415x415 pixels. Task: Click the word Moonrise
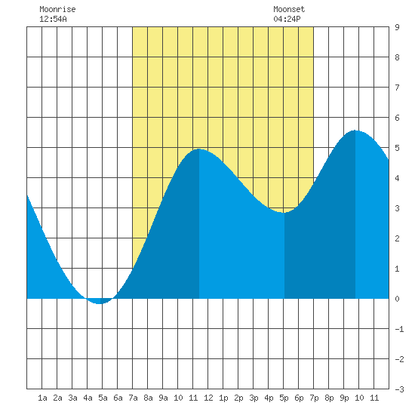coord(57,9)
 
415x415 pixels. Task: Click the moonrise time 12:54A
coord(53,19)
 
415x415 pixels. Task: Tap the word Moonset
coord(289,9)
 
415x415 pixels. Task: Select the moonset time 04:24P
coord(287,19)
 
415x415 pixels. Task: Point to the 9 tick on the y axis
coord(397,27)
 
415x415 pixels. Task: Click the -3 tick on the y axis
coord(399,389)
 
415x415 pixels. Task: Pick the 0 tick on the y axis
coord(397,299)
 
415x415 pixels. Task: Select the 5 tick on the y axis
coord(397,148)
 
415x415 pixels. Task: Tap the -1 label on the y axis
coord(399,329)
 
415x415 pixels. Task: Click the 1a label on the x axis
coord(42,398)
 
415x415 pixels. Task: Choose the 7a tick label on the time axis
coord(133,398)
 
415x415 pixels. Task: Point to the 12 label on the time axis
coord(208,398)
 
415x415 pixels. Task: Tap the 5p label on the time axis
coord(284,398)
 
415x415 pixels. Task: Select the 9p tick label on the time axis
coord(344,398)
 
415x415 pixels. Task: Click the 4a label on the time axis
coord(88,398)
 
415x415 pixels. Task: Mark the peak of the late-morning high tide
coord(199,149)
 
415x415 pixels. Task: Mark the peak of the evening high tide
coord(355,131)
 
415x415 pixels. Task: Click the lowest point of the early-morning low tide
coord(100,304)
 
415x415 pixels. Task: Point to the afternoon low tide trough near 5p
coord(284,213)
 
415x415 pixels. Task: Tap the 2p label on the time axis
coord(238,398)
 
